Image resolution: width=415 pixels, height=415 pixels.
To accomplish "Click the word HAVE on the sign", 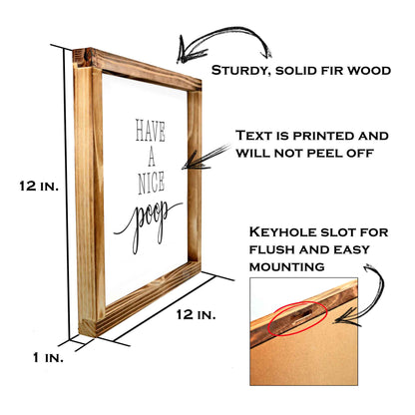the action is pos(151,131).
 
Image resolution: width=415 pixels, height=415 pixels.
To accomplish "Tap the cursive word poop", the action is pos(148,223).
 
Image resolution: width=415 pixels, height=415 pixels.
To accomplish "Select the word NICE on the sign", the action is pos(152,184).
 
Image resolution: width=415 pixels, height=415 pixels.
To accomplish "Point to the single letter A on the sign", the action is pos(152,158).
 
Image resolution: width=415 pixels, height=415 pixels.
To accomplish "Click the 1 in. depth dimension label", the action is pos(48,358).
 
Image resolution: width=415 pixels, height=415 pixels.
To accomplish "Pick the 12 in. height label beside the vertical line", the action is pos(39,187).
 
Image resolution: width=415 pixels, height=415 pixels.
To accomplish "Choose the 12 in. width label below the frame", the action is pos(196,314).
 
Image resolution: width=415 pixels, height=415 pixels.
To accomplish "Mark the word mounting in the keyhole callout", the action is pos(287,266).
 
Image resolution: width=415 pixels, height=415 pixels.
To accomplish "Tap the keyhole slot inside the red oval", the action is pos(300,317).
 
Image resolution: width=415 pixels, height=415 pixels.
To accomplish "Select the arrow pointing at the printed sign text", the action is pos(206,157).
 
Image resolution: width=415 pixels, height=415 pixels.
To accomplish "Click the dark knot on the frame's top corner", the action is pos(88,57).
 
